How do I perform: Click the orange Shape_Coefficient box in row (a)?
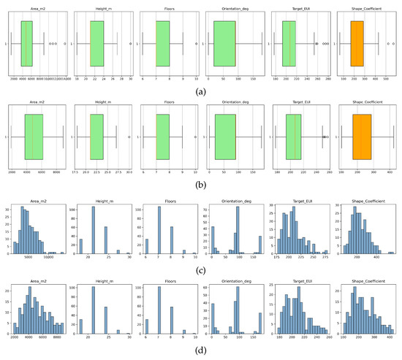pos(358,43)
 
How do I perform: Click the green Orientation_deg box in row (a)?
pos(225,43)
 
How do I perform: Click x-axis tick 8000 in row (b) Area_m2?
pos(55,172)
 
